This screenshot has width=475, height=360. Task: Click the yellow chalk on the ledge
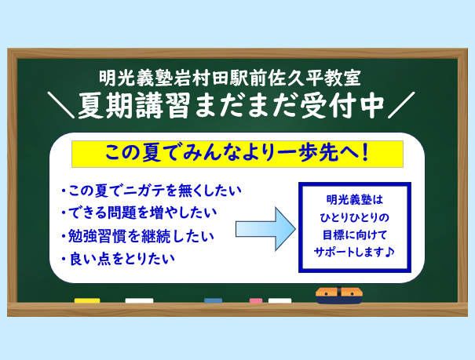87,300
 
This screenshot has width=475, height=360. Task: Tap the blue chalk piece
213,300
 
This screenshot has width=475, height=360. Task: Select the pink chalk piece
256,300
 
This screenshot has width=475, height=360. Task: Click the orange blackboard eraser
339,295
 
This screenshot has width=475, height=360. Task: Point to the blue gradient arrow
265,229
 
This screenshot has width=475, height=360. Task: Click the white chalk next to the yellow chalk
139,300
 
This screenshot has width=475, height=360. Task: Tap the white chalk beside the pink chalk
280,300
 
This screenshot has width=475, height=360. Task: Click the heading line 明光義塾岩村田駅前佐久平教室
230,78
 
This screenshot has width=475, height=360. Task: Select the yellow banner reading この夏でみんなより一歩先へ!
237,154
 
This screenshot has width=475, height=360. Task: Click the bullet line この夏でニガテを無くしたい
152,191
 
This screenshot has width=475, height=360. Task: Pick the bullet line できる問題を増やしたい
139,213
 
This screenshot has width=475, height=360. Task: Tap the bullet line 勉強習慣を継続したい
137,236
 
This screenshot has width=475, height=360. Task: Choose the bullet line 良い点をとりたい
118,260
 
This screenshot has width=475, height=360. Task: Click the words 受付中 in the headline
342,106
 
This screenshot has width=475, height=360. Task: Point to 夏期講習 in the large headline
134,106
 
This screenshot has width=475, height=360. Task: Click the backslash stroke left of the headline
61,105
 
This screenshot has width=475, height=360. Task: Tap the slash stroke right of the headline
401,105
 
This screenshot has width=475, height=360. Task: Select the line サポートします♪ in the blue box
354,252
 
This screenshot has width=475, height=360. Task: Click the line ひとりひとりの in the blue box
354,217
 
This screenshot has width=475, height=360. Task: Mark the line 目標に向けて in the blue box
355,235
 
